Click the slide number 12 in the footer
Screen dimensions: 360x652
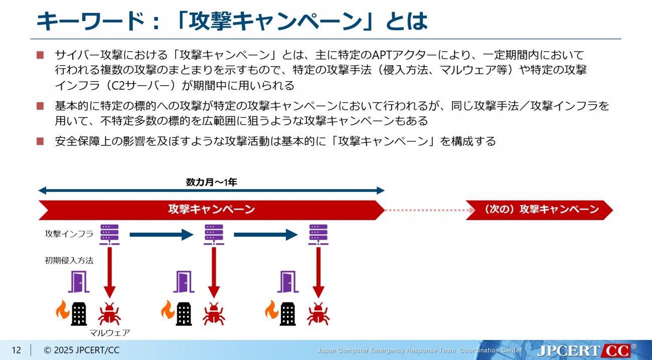coord(16,350)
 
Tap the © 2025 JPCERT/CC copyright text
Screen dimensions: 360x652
coord(82,350)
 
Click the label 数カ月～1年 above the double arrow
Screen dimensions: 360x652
coord(211,183)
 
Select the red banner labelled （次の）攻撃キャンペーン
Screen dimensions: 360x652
coord(539,210)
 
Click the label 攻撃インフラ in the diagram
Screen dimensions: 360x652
coord(69,234)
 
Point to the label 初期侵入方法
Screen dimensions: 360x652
coord(69,260)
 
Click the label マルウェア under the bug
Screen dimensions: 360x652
coord(110,332)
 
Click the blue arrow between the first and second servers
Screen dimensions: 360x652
coord(161,234)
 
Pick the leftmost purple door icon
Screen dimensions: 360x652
coord(78,282)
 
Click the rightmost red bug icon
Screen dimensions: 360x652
coord(317,314)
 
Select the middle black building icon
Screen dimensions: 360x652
coord(184,314)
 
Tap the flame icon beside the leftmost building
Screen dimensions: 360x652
coord(63,310)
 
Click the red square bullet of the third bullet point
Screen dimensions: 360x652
coord(41,141)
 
